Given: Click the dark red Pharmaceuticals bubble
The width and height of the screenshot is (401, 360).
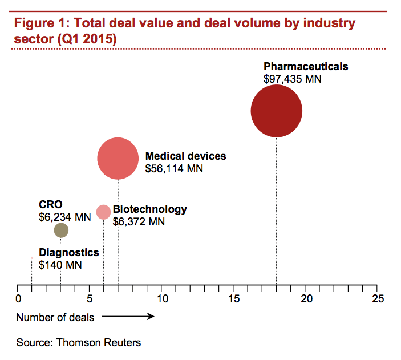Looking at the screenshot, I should [277, 111].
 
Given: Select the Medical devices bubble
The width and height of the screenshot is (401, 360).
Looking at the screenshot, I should [118, 159].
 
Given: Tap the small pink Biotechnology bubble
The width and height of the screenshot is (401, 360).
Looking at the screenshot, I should [103, 212].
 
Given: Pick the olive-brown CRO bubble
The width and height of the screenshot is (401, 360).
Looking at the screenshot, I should [61, 230].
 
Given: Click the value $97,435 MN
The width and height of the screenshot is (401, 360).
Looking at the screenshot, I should [293, 79].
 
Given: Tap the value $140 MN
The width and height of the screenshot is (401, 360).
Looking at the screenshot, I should [60, 265].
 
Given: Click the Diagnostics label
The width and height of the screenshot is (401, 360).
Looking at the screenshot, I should [68, 253].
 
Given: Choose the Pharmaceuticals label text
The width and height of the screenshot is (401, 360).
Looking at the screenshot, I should [306, 67].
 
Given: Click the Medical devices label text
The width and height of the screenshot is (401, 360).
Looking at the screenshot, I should [186, 156].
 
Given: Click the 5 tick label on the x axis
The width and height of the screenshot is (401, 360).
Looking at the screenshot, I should [90, 298].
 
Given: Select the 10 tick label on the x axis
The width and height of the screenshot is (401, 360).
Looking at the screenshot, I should [162, 298].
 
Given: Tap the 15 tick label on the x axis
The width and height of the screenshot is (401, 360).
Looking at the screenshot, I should [234, 298].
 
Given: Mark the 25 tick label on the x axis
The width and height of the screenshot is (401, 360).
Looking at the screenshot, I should [378, 298].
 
